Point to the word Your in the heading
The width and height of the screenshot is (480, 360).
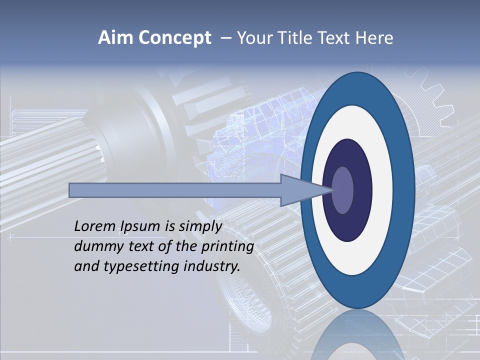[254, 38]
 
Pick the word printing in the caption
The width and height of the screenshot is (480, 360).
[227, 247]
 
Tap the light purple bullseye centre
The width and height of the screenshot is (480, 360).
[343, 190]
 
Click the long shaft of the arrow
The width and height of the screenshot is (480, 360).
[175, 190]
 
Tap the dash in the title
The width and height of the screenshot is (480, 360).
[226, 38]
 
